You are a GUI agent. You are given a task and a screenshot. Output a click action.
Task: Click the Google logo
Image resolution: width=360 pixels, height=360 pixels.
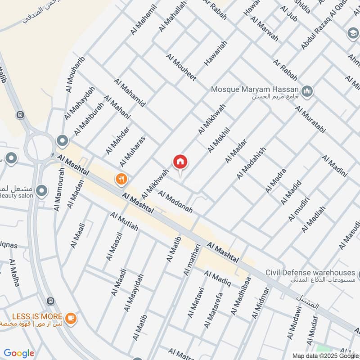[19, 353]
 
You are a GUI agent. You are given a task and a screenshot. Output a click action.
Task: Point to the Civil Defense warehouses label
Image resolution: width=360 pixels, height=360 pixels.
[310, 273]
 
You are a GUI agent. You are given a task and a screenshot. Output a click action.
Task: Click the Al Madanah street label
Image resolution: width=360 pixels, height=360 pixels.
[175, 201]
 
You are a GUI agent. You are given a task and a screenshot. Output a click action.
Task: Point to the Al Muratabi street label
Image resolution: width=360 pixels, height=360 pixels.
[310, 119]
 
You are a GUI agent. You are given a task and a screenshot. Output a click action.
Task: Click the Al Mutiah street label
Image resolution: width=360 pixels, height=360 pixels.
[124, 221]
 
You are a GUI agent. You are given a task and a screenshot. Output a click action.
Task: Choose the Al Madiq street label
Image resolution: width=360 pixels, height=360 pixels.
[217, 279]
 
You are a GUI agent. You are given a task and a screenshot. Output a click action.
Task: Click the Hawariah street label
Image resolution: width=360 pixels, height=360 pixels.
[216, 54]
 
